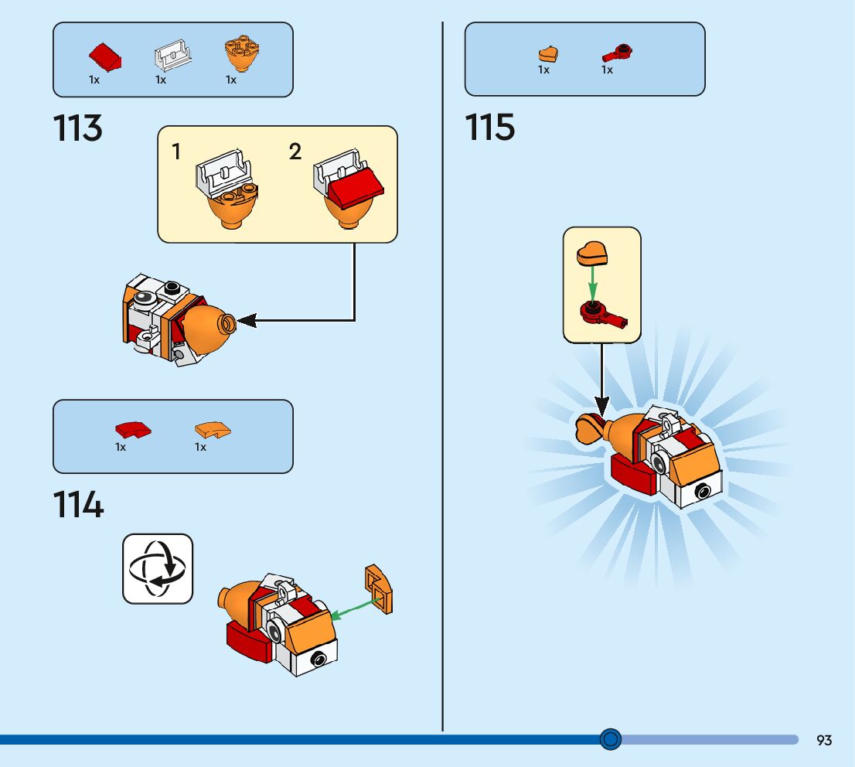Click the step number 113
77,128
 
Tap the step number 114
78,506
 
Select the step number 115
489,128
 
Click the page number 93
824,740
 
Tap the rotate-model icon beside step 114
158,569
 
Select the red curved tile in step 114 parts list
133,430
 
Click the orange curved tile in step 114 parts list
213,429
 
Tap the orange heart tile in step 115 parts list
548,54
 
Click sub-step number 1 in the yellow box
176,152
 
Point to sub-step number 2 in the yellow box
295,152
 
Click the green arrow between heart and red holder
592,282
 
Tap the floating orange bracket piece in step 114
379,588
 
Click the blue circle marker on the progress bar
611,739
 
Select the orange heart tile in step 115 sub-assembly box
593,253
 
